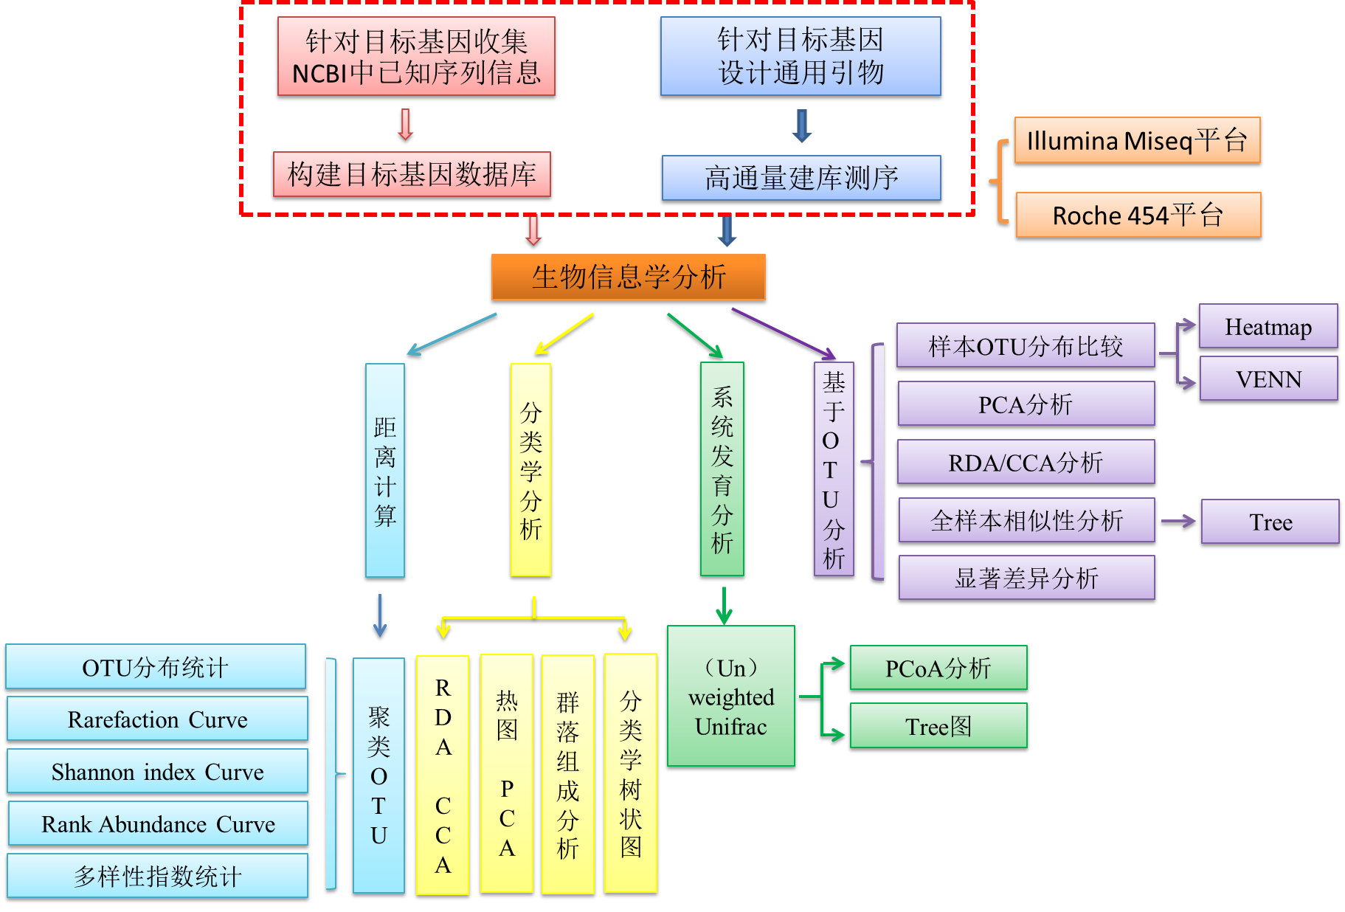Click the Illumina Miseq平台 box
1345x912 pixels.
pyautogui.click(x=1137, y=140)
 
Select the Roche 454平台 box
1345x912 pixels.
pyautogui.click(x=1138, y=215)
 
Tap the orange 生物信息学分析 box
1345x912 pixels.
pyautogui.click(x=628, y=277)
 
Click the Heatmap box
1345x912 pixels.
pyautogui.click(x=1268, y=326)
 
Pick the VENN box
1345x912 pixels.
pyautogui.click(x=1268, y=379)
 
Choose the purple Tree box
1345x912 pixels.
pyautogui.click(x=1270, y=522)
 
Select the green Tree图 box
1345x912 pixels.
pyautogui.click(x=938, y=726)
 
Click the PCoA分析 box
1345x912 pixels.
pyautogui.click(x=938, y=668)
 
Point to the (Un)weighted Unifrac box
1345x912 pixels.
pyautogui.click(x=730, y=697)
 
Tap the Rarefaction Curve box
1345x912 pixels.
pyautogui.click(x=157, y=719)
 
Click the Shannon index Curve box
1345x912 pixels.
pyautogui.click(x=157, y=771)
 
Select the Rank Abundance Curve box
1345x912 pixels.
pyautogui.click(x=157, y=823)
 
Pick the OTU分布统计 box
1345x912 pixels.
pyautogui.click(x=156, y=666)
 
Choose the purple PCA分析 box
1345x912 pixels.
pyautogui.click(x=1026, y=404)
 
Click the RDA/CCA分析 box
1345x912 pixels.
pyautogui.click(x=1026, y=462)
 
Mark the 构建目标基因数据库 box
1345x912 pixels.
pyautogui.click(x=412, y=174)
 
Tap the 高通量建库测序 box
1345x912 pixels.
pyautogui.click(x=801, y=178)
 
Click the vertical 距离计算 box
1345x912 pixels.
pyautogui.click(x=385, y=470)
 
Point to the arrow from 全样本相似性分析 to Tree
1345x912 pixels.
pyautogui.click(x=1178, y=521)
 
